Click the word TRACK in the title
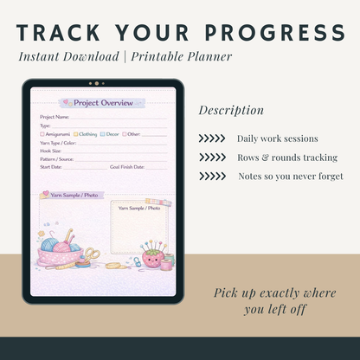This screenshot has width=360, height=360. coord(60,33)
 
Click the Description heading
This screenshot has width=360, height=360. coord(231,110)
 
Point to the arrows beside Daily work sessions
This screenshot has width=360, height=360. coord(212,138)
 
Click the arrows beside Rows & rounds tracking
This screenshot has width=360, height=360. coord(212,157)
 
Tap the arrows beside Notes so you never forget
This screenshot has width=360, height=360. coord(212,177)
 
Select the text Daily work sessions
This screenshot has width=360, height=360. coord(277,138)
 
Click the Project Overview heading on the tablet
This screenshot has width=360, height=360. coord(103,103)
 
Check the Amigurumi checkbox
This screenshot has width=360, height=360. coord(42,134)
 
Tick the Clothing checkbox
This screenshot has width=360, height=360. coord(76,134)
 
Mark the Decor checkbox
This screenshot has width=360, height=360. coord(103,134)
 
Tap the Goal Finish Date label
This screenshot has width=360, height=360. coord(128,166)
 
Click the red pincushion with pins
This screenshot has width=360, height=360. coord(151,257)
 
